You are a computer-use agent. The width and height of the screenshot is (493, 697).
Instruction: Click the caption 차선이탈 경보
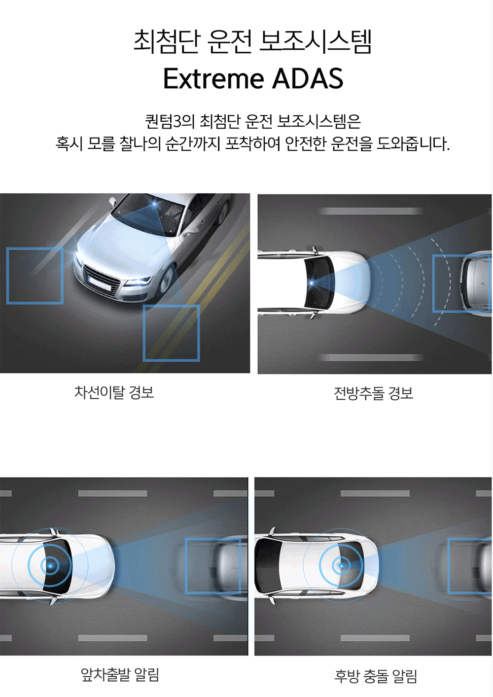114,392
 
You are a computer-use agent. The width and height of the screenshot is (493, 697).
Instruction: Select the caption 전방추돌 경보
374,393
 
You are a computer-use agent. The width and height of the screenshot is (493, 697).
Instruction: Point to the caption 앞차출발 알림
120,675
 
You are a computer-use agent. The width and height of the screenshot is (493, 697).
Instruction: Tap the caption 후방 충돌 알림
376,676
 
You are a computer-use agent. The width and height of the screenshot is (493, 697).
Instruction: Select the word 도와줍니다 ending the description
413,144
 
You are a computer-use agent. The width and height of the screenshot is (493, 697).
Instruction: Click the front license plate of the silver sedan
100,282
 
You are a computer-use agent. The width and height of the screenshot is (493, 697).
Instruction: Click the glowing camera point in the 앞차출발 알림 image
50,566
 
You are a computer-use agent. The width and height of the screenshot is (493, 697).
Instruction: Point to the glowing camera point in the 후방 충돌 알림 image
341,566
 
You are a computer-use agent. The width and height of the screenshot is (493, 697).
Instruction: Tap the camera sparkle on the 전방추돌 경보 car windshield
312,283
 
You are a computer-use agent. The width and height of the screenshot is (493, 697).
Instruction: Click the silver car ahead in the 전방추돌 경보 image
476,284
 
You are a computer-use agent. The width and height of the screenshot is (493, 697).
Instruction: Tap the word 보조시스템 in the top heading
316,42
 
